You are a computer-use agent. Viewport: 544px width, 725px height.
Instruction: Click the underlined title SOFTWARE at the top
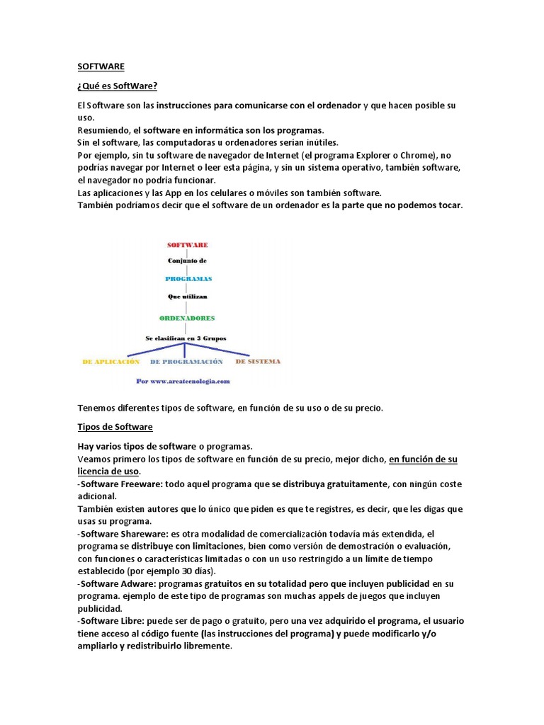[101, 66]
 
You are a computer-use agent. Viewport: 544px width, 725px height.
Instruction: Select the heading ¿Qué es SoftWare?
[117, 86]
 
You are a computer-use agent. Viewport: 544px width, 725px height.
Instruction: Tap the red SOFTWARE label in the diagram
[187, 244]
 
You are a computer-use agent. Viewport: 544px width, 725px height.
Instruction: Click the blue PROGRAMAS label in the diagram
[188, 279]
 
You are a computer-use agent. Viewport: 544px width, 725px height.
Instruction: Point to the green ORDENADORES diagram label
[188, 318]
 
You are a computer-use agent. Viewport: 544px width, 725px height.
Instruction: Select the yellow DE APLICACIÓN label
[111, 361]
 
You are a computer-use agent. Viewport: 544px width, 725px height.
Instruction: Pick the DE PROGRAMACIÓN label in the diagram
[186, 361]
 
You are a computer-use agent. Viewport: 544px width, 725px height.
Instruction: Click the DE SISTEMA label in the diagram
[258, 361]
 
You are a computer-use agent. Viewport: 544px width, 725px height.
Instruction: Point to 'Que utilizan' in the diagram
[188, 297]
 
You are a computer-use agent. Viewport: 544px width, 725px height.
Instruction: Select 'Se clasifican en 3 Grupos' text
[186, 338]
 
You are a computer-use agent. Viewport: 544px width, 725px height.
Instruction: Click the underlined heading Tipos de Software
[115, 427]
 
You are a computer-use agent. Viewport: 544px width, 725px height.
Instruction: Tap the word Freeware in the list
[139, 484]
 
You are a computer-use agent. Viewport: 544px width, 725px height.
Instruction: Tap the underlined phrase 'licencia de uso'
[108, 472]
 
